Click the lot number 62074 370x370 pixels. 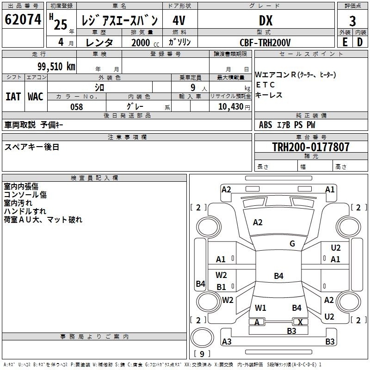pyautogui.click(x=23, y=19)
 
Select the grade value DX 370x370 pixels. pyautogui.click(x=265, y=20)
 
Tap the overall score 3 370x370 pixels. pyautogui.click(x=352, y=21)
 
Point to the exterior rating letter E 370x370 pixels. pyautogui.click(x=345, y=42)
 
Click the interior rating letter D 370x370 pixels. pyautogui.click(x=360, y=42)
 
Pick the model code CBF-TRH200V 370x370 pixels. pyautogui.click(x=265, y=43)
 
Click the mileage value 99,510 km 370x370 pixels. pyautogui.click(x=56, y=67)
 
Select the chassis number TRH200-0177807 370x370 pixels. pyautogui.click(x=311, y=147)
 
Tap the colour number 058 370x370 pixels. pyautogui.click(x=77, y=107)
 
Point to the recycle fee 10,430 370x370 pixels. pyautogui.click(x=231, y=107)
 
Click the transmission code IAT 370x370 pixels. pyautogui.click(x=13, y=97)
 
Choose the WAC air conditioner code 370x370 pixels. pyautogui.click(x=36, y=97)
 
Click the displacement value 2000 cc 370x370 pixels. pyautogui.click(x=145, y=43)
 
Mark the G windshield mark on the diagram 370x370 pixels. pyautogui.click(x=292, y=243)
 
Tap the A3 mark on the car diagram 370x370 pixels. pyautogui.click(x=227, y=341)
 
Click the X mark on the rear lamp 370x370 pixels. pyautogui.click(x=300, y=322)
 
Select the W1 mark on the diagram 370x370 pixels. pyautogui.click(x=260, y=308)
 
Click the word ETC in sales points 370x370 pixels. pyautogui.click(x=265, y=85)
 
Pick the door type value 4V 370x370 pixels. pyautogui.click(x=179, y=20)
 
